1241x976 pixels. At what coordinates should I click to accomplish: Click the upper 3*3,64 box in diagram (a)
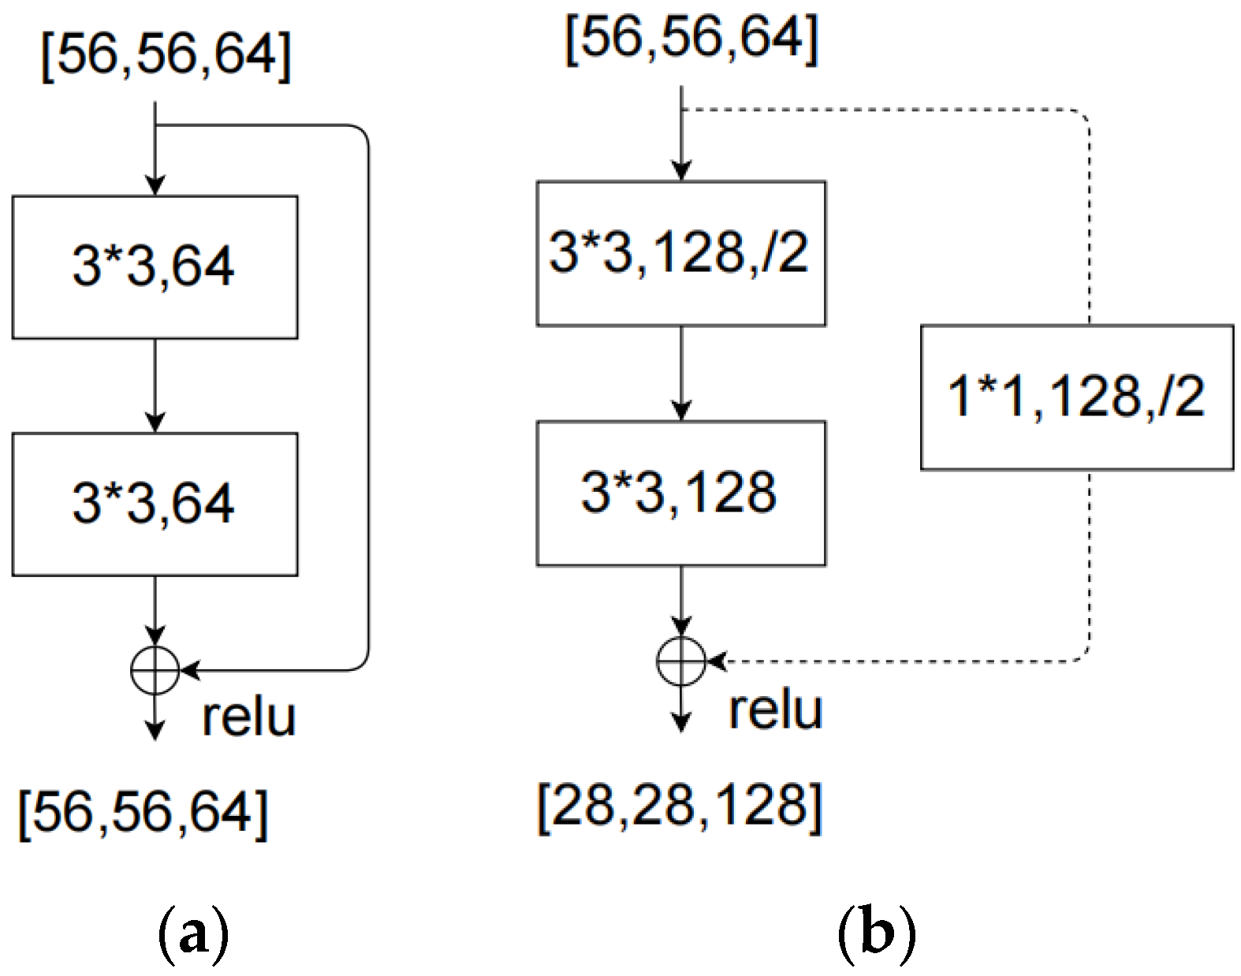tap(155, 267)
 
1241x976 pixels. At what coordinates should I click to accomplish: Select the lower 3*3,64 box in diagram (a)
tap(155, 504)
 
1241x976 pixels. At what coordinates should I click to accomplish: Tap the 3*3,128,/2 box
tap(681, 253)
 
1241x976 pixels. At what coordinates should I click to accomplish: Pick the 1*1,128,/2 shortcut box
tap(1076, 397)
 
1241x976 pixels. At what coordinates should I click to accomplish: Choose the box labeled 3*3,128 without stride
tap(681, 493)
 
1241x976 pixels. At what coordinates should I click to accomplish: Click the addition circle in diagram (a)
tap(155, 671)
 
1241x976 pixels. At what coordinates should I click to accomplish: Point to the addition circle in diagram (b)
tap(681, 661)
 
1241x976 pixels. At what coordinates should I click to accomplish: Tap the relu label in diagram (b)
tap(775, 710)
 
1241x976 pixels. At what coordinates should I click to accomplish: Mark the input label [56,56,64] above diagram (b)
tap(692, 38)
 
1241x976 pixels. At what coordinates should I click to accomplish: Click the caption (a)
tap(193, 934)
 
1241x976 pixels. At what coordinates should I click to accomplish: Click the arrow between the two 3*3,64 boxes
tap(155, 386)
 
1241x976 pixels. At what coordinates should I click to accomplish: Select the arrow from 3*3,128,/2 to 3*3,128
tap(681, 373)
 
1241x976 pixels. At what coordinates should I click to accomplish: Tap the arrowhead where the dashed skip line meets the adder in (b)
tap(716, 661)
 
